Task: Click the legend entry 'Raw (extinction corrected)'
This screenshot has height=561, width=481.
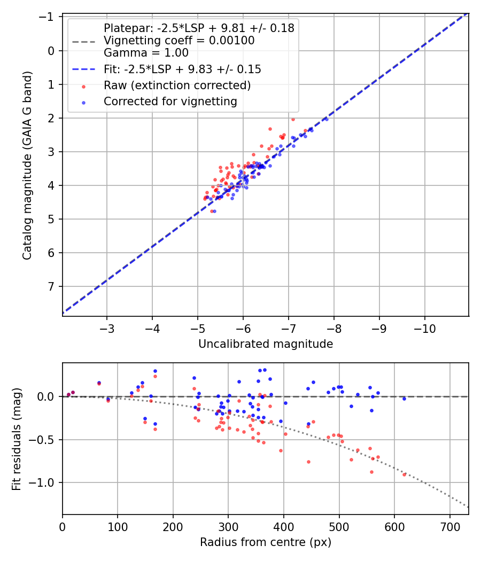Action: (x=177, y=85)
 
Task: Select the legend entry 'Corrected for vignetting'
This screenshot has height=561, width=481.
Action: (x=170, y=101)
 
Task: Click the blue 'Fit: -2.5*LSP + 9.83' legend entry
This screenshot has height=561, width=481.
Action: (x=182, y=69)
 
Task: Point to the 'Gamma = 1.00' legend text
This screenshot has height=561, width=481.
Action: (x=146, y=53)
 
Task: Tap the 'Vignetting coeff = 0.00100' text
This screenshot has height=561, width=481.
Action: (x=179, y=41)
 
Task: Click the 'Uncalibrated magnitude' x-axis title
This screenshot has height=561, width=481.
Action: (x=266, y=344)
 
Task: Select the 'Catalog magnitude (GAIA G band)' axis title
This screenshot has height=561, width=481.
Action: (x=28, y=166)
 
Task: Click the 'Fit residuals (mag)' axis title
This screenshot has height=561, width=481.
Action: (x=17, y=439)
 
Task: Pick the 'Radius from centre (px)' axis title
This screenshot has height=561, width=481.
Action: (x=266, y=542)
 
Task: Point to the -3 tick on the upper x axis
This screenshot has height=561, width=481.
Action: (x=107, y=326)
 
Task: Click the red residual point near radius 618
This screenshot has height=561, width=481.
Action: (x=404, y=474)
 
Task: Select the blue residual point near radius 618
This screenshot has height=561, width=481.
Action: (x=404, y=399)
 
